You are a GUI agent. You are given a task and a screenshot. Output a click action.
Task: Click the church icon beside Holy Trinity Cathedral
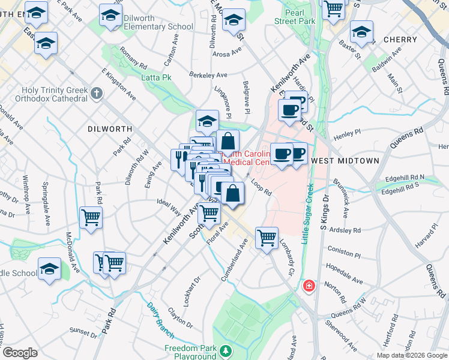97,94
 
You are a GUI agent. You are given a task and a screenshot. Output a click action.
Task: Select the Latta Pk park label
156,77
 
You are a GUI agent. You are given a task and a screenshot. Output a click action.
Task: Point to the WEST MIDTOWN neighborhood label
346,161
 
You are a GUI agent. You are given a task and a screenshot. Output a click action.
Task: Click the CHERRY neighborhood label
399,40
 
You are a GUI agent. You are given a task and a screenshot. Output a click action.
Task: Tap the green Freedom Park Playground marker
226,350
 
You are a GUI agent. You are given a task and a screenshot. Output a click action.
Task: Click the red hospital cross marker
309,286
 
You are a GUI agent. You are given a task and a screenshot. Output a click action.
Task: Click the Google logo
20,353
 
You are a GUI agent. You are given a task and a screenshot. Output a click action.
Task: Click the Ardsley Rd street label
349,230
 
